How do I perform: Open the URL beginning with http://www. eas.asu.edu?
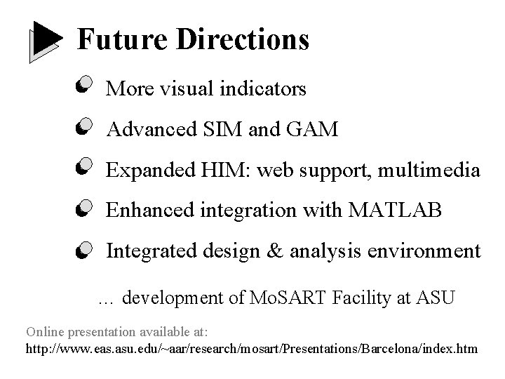coord(251,348)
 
